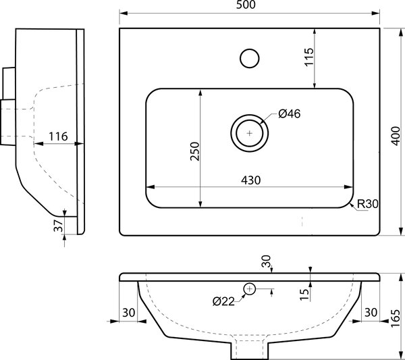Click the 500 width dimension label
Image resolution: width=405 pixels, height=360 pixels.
246,5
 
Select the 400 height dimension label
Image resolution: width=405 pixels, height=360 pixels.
395,136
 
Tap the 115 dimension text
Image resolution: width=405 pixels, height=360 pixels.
309,57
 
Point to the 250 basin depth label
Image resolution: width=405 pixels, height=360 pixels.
195,151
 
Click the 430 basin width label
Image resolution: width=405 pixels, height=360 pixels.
251,180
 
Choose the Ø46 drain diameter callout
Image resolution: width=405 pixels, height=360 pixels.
290,113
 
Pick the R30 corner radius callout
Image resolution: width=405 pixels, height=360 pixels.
368,204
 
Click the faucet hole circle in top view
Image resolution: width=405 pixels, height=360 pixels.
250,58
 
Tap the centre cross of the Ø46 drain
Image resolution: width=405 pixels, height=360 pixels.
250,133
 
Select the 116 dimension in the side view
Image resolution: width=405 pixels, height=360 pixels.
58,136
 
